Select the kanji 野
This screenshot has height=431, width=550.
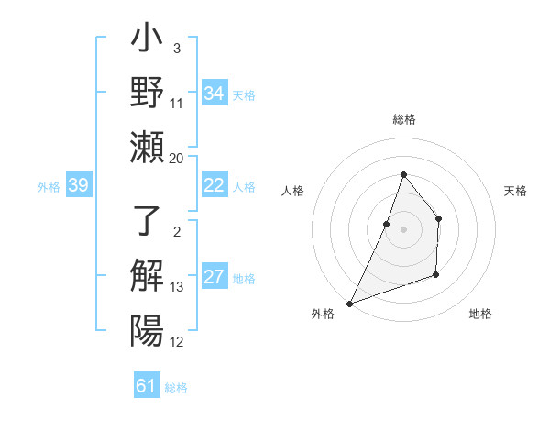(147, 93)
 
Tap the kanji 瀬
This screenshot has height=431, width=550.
(147, 146)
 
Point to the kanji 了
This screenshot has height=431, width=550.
(147, 223)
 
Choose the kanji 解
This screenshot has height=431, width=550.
(147, 276)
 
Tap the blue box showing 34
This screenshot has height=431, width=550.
(214, 93)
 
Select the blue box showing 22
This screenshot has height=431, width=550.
(214, 185)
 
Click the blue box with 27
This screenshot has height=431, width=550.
(214, 278)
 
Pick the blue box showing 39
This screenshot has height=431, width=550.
(79, 185)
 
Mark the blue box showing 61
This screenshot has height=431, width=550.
(147, 386)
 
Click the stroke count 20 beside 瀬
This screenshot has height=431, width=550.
(176, 158)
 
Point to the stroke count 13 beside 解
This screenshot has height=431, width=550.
(177, 287)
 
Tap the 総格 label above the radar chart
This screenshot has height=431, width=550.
(403, 119)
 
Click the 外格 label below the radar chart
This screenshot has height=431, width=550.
(323, 314)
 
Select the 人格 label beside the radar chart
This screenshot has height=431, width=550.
(293, 191)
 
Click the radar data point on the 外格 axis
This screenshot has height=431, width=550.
(349, 303)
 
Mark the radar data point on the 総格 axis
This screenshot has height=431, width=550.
(403, 174)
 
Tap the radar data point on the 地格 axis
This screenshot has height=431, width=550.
(436, 274)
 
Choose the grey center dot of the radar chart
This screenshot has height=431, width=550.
(403, 229)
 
